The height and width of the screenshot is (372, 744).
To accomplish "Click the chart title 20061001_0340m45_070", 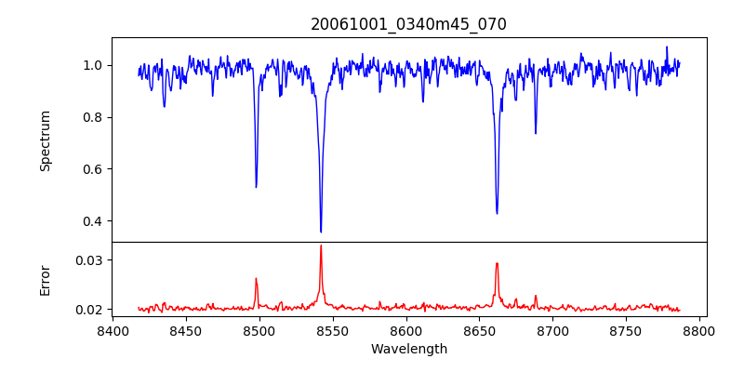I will pyautogui.click(x=408, y=24).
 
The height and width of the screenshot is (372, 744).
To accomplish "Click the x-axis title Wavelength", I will pyautogui.click(x=408, y=350).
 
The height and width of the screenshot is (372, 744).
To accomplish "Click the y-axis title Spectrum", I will pyautogui.click(x=45, y=140).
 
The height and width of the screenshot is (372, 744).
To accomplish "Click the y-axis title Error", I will pyautogui.click(x=45, y=279).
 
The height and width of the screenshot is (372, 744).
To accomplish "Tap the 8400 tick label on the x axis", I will pyautogui.click(x=113, y=330).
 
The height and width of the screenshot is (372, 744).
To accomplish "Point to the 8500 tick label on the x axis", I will pyautogui.click(x=259, y=330).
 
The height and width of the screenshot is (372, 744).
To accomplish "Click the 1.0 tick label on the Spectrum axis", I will pyautogui.click(x=93, y=65).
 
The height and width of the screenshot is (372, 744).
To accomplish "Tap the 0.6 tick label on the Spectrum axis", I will pyautogui.click(x=93, y=169).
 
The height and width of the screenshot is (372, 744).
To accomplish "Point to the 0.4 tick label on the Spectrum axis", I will pyautogui.click(x=93, y=221).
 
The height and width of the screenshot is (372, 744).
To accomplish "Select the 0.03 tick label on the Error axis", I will pyautogui.click(x=89, y=260).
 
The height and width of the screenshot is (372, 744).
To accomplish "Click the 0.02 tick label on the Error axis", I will pyautogui.click(x=89, y=310).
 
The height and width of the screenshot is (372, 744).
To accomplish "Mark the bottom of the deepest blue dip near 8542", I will pyautogui.click(x=321, y=232).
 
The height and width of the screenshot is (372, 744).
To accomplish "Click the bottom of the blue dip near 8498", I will pyautogui.click(x=257, y=187).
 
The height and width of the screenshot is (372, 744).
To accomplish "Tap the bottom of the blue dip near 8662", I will pyautogui.click(x=497, y=213).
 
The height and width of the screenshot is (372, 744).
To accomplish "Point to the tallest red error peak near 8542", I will pyautogui.click(x=321, y=246).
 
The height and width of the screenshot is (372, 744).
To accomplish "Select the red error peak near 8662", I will pyautogui.click(x=497, y=263).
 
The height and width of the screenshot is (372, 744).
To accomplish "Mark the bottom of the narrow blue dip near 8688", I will pyautogui.click(x=536, y=133).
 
